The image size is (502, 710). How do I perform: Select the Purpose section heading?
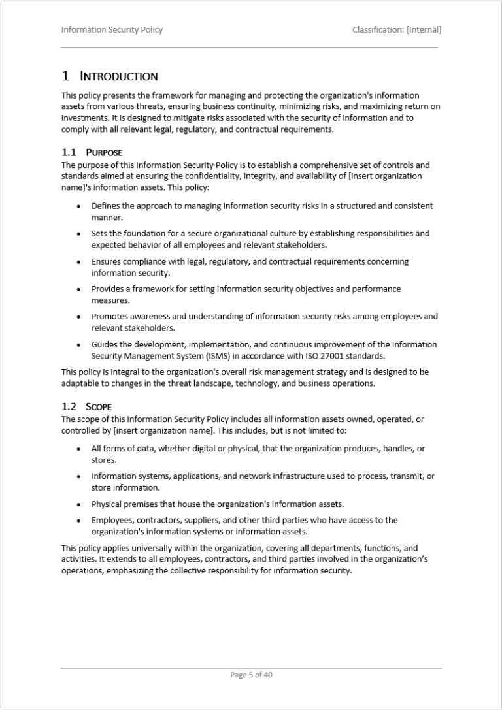104,153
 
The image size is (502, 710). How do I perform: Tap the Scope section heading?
99,406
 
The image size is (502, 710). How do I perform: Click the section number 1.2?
69,406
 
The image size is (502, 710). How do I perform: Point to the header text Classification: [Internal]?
396,29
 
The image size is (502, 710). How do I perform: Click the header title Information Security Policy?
112,29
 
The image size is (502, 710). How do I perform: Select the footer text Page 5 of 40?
251,675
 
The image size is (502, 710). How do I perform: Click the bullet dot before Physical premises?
78,504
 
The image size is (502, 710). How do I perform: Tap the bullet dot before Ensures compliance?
78,261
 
